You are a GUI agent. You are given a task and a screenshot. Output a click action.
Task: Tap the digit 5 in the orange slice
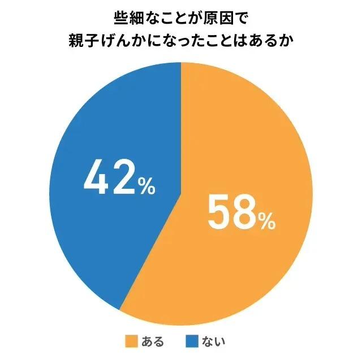(x=219, y=212)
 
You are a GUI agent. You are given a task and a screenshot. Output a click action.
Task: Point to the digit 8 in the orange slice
(x=244, y=212)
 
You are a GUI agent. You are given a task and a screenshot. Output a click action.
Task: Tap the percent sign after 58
(x=267, y=221)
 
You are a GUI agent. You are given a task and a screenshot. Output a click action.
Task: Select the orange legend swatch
(x=131, y=341)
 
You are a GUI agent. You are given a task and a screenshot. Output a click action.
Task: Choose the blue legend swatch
(x=192, y=341)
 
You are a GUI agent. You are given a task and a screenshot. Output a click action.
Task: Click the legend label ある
(x=153, y=341)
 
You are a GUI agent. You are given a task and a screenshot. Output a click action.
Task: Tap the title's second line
(x=181, y=43)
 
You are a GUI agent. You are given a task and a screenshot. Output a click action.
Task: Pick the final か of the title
(x=288, y=43)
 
